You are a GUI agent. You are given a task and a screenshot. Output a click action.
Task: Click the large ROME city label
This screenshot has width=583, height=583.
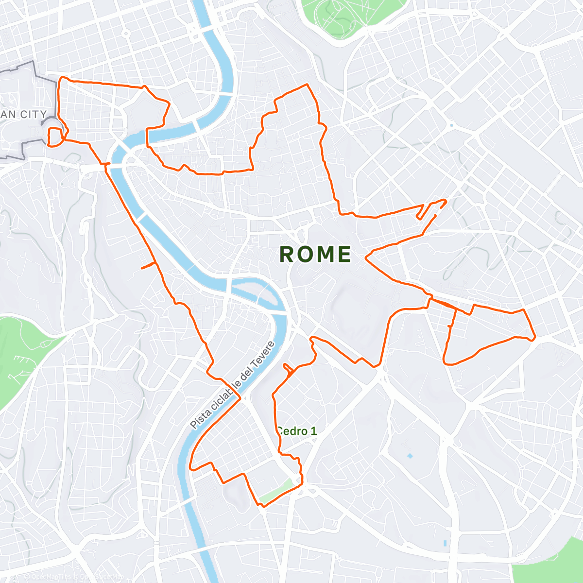315,254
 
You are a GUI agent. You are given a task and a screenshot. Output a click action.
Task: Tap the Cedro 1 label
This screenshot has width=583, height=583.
297,431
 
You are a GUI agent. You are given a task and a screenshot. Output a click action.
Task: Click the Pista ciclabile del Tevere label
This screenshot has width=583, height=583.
232,385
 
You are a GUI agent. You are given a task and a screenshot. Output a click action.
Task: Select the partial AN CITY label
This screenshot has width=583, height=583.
24,115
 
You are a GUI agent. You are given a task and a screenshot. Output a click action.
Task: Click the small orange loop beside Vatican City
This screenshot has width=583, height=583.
55,136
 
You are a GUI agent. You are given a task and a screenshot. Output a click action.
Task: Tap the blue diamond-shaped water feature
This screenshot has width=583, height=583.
410,456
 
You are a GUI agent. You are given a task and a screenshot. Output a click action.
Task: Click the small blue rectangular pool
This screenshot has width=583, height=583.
445,543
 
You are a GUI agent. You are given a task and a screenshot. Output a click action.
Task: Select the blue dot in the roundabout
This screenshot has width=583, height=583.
451,125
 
